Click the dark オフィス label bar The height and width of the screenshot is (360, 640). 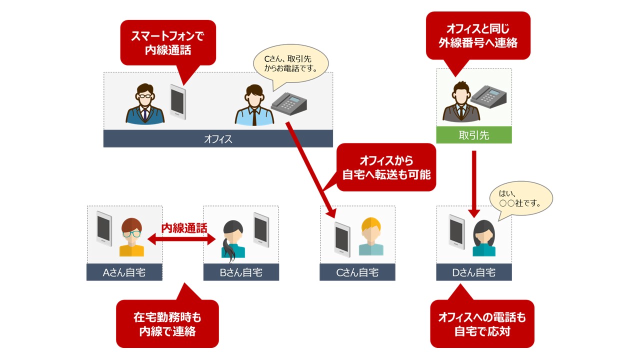coord(218,139)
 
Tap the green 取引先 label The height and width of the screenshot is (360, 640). coord(473,135)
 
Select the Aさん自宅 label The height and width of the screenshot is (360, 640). coord(124,272)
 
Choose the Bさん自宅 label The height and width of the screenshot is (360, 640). coord(241,272)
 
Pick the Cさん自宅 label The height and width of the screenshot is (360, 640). coord(357,272)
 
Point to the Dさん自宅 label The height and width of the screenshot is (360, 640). coord(473,272)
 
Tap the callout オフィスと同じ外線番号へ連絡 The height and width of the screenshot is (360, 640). coord(477,35)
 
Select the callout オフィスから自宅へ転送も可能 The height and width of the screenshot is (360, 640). coord(386,167)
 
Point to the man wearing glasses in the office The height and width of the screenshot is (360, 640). coord(145,104)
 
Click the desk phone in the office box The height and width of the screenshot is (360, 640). coord(289,104)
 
